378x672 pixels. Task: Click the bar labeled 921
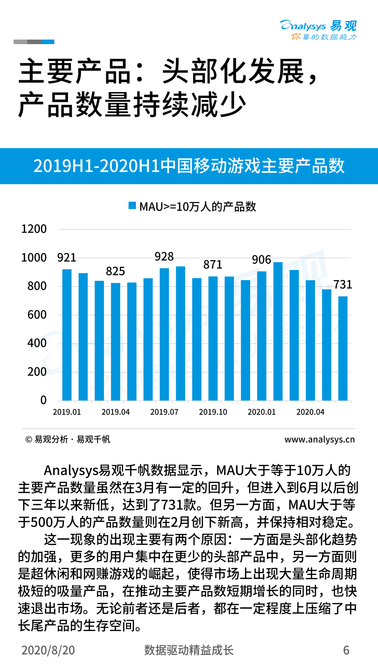click(67, 334)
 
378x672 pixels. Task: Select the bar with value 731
click(343, 348)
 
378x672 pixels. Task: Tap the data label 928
click(164, 257)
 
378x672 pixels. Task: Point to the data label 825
click(115, 271)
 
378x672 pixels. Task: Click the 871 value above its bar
click(213, 265)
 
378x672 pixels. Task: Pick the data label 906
click(261, 260)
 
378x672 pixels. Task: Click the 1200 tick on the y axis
click(34, 229)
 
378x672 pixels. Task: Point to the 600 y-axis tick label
click(37, 315)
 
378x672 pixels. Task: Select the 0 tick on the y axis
click(43, 400)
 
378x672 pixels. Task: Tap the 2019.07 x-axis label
click(164, 412)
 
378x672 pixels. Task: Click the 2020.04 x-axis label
click(310, 412)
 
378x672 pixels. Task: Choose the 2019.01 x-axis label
click(67, 412)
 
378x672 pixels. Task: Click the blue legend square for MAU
click(132, 206)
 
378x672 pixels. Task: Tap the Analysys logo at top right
click(318, 30)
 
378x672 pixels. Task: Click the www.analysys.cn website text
click(319, 439)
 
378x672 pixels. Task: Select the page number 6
click(346, 650)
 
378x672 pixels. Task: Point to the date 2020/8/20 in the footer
click(48, 650)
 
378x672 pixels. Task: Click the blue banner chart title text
click(189, 166)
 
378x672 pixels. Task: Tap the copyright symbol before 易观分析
click(29, 439)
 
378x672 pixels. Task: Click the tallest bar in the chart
click(278, 331)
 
